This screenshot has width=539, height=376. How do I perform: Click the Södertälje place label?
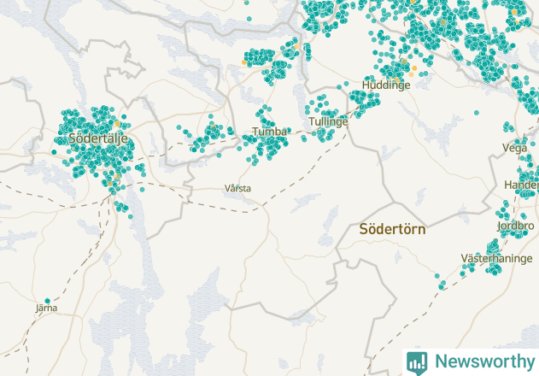click(97, 138)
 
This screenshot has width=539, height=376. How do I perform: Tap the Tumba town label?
click(269, 132)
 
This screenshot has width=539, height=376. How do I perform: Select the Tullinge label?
click(329, 122)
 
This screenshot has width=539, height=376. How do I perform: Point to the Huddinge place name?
click(381, 85)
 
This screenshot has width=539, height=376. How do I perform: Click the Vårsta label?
click(238, 187)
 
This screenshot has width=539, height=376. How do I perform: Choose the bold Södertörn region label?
click(392, 229)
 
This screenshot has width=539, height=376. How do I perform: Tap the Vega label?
click(515, 148)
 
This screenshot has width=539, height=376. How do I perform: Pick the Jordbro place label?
click(515, 226)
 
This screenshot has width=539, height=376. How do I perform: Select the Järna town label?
click(46, 308)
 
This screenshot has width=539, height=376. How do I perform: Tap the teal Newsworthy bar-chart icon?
click(417, 361)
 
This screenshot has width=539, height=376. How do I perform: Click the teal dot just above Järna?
click(48, 300)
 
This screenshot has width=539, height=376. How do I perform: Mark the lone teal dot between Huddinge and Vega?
click(477, 113)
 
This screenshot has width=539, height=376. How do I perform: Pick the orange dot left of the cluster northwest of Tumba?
click(243, 62)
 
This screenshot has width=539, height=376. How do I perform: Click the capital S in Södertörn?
click(364, 229)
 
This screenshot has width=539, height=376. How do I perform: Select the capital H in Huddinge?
click(366, 85)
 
